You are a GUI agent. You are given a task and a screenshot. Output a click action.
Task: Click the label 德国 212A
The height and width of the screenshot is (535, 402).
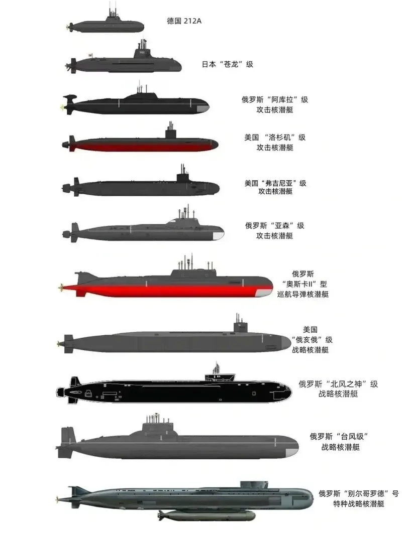(x=184, y=21)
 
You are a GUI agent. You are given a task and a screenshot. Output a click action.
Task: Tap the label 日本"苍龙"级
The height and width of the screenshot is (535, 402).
(x=227, y=64)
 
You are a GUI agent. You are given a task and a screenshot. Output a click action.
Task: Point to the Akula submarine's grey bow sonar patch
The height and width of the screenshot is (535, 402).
(x=203, y=109)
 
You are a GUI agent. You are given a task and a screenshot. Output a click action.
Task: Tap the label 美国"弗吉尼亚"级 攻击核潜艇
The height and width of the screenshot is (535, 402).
(x=275, y=187)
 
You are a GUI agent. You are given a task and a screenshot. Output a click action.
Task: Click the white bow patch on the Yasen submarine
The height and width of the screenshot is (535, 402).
(x=218, y=236)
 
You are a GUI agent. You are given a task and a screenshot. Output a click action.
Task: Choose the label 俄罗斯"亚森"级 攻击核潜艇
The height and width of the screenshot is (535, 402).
(x=274, y=230)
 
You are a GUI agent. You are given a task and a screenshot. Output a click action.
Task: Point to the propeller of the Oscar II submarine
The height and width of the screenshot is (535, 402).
(x=62, y=288)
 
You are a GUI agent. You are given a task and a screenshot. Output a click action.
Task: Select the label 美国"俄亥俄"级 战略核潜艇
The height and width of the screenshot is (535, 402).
(x=310, y=339)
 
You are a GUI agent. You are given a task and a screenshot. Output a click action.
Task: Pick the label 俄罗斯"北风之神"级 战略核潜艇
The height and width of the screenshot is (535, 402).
(x=338, y=388)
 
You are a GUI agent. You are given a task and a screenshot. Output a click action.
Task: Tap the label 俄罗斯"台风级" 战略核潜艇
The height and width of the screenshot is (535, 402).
(x=340, y=442)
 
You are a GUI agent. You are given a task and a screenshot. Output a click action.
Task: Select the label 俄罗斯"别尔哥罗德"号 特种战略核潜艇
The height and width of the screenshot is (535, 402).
(x=359, y=498)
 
